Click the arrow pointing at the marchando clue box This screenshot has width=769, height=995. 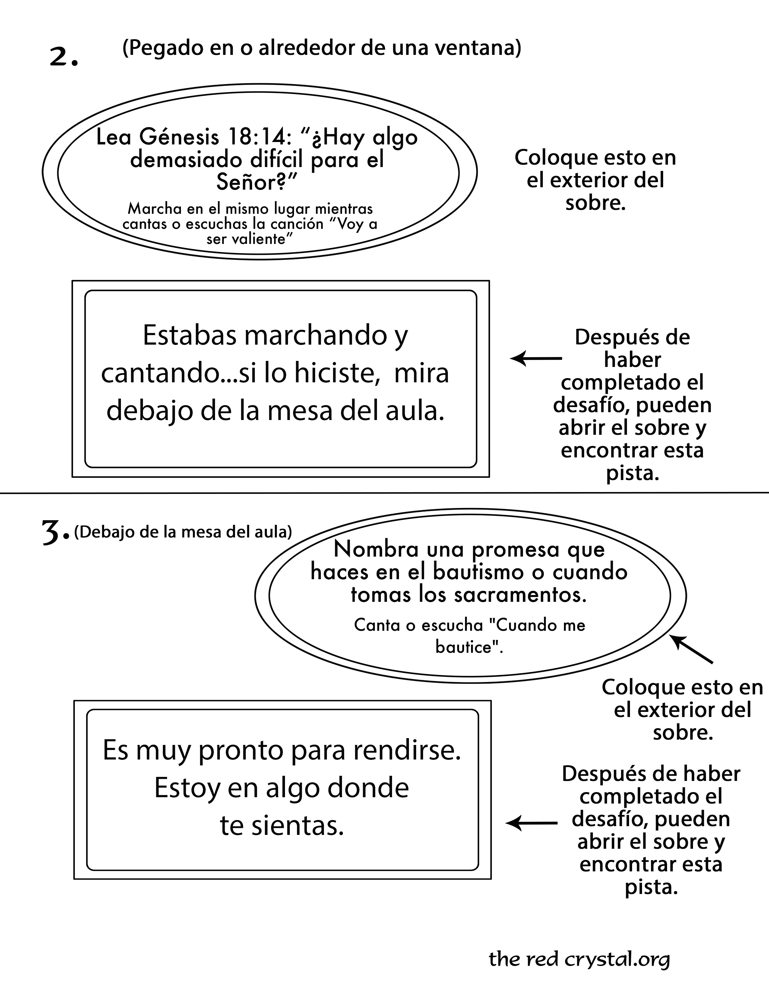[x=536, y=359]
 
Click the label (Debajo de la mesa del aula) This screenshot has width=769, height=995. [x=183, y=532]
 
